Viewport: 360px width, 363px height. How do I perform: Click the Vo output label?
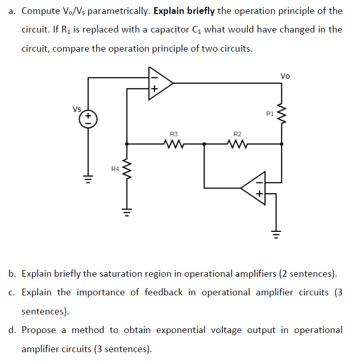click(x=285, y=76)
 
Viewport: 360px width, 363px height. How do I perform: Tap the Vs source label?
click(x=77, y=109)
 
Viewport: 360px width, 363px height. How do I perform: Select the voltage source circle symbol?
click(x=88, y=119)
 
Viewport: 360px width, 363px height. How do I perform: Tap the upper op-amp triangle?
click(x=160, y=82)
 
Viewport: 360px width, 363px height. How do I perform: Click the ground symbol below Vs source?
click(x=88, y=179)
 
